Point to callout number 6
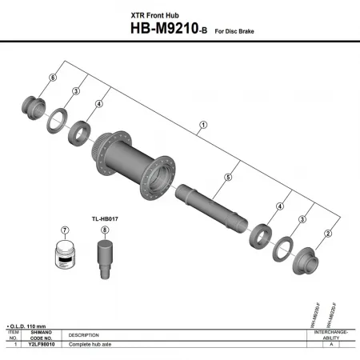tap(54, 77)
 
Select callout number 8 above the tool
tap(104, 230)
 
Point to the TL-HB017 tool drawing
tap(104, 260)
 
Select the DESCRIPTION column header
tap(84, 334)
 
